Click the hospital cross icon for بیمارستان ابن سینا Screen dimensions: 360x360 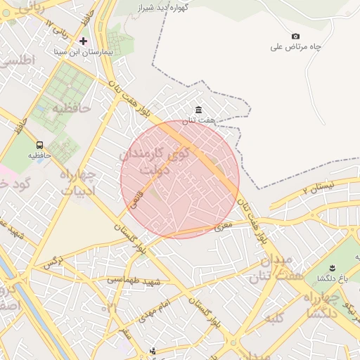tap(84, 41)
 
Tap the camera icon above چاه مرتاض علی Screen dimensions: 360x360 tap(295, 36)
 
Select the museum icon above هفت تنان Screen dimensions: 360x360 tap(199, 110)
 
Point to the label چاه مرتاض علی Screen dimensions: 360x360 tap(295, 47)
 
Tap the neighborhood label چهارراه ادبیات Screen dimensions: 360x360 tap(82, 182)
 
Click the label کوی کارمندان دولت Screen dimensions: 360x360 tap(154, 162)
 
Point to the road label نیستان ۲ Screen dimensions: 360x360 tap(324, 188)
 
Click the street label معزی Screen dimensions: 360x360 tap(222, 227)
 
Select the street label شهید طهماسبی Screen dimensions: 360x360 tap(134, 280)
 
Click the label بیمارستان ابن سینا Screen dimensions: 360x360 tap(84, 52)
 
